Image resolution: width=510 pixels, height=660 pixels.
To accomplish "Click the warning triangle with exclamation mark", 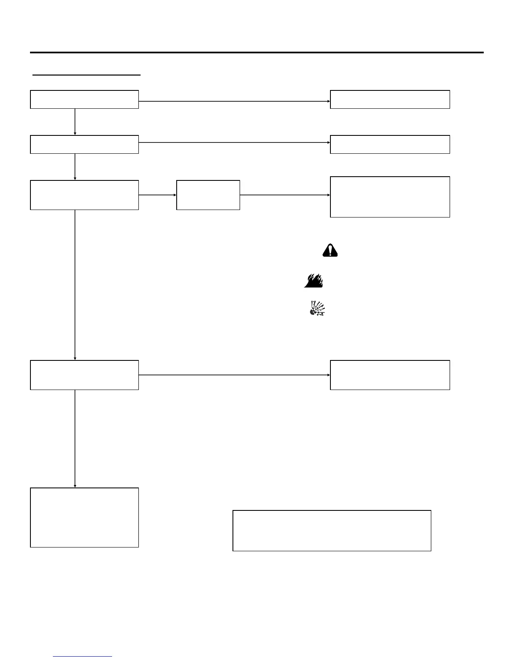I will [x=330, y=250].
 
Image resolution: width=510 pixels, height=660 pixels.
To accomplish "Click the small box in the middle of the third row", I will [x=208, y=195].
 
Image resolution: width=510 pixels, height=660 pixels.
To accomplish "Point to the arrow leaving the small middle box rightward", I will [x=285, y=195].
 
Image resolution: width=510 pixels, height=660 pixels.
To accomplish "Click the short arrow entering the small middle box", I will [x=157, y=195].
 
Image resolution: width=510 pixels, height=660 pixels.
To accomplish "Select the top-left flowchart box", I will [x=84, y=100].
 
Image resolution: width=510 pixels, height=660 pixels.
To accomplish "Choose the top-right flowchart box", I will [x=390, y=100].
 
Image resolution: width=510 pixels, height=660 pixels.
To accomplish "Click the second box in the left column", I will [x=84, y=145].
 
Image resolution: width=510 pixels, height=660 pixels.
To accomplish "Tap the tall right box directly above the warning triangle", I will [x=390, y=197].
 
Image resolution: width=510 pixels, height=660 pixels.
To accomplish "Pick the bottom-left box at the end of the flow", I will [x=84, y=517].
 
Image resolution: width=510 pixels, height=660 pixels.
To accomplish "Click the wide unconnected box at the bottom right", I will [x=331, y=530].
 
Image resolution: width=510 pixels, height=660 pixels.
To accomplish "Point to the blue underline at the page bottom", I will [x=83, y=657].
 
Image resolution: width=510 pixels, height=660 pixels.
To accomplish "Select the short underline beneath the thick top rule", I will [x=87, y=75].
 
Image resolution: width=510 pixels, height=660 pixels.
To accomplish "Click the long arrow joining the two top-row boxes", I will [x=234, y=101].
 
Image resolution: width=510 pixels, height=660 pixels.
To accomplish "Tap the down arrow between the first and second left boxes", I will [x=75, y=122].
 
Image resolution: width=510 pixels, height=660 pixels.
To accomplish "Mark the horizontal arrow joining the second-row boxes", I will [x=234, y=142].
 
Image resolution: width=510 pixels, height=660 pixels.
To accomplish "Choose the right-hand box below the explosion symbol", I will [x=390, y=375].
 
